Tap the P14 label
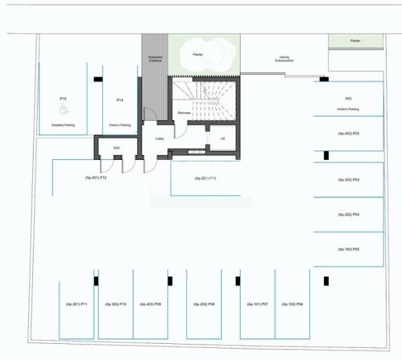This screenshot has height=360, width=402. [x=120, y=99]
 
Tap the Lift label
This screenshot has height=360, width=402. [x=223, y=138]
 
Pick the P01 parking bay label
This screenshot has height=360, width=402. [x=348, y=99]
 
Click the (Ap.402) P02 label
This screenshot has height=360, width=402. [x=349, y=134]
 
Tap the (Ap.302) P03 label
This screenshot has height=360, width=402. [x=349, y=180]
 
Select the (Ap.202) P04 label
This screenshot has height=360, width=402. [x=349, y=214]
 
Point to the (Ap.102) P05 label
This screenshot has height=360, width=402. [x=349, y=249]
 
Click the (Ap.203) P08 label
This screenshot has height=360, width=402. [x=204, y=304]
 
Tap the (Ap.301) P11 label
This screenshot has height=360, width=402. [x=77, y=304]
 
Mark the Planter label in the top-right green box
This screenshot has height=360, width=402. [x=355, y=41]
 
